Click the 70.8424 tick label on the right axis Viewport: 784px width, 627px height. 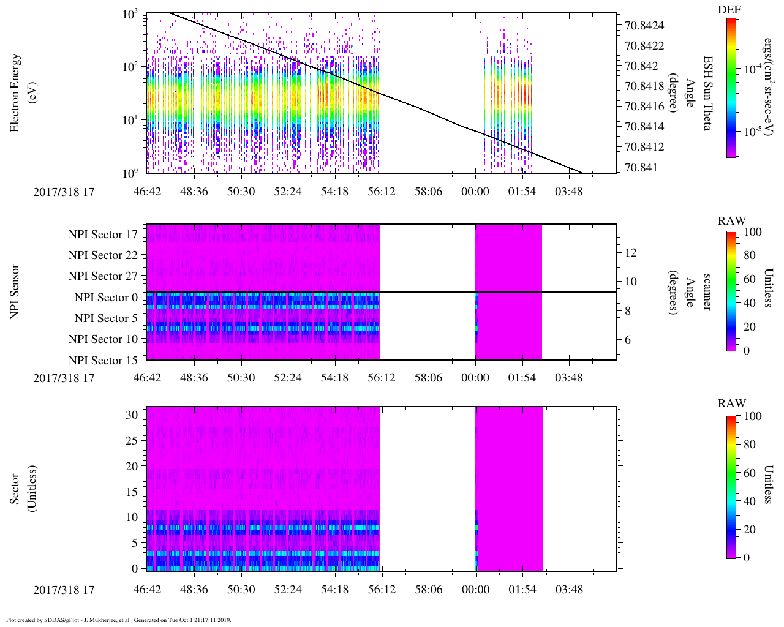(644, 26)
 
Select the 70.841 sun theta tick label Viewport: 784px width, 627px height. (640, 167)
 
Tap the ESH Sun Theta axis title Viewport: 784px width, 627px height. (707, 93)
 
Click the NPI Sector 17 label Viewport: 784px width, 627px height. (103, 235)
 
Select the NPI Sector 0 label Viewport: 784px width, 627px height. (106, 298)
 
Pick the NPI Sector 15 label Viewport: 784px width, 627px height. (103, 360)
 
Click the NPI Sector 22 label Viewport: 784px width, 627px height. (103, 255)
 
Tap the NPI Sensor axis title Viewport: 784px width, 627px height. (15, 291)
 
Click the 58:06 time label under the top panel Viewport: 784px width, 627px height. (428, 192)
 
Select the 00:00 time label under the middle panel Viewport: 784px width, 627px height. (475, 378)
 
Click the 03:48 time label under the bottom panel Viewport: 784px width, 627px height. (569, 590)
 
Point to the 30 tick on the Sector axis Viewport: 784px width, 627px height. (132, 415)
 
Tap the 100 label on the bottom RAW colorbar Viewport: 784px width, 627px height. (753, 416)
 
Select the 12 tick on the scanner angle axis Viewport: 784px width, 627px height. (631, 252)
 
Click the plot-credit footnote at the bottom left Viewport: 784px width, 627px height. (118, 620)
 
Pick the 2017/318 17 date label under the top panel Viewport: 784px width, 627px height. (64, 192)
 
